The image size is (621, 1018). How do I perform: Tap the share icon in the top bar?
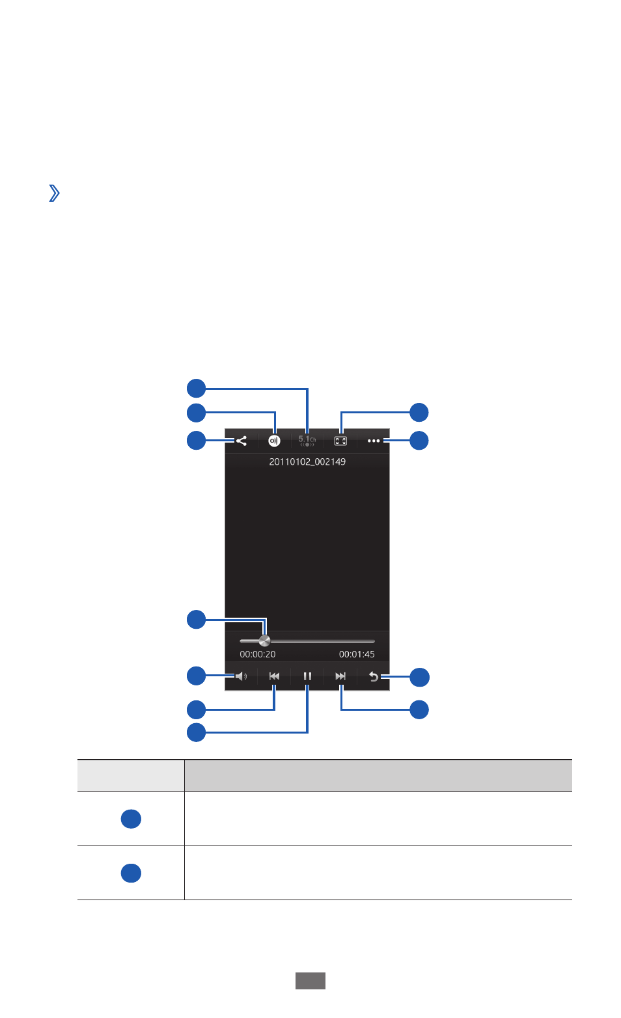coord(241,441)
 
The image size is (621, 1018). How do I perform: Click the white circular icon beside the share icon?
coord(274,441)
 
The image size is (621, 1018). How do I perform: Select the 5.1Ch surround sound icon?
coord(307,441)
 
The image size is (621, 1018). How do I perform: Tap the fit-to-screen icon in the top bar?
coord(340,441)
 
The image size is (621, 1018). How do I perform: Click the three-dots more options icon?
coord(374,441)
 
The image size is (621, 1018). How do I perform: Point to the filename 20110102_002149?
coord(307,461)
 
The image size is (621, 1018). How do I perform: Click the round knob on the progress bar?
coord(264,640)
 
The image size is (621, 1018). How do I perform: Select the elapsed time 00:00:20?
coord(258,654)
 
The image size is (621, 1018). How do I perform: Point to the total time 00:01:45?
coord(357,654)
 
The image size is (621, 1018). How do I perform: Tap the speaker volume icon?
coord(241,676)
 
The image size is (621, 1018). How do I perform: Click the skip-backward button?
coord(274,676)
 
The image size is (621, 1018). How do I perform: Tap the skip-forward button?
coord(340,676)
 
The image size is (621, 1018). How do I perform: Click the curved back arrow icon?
coord(374,677)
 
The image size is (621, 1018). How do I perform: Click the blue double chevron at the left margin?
coord(54,193)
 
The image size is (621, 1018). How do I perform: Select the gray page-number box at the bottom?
coord(310,981)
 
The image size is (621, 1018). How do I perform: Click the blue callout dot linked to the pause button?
coord(197,732)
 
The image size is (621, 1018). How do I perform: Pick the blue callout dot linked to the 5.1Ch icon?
coord(197,388)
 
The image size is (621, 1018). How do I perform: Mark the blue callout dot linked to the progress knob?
coord(197,620)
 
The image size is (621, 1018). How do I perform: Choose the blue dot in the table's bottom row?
coord(131,873)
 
